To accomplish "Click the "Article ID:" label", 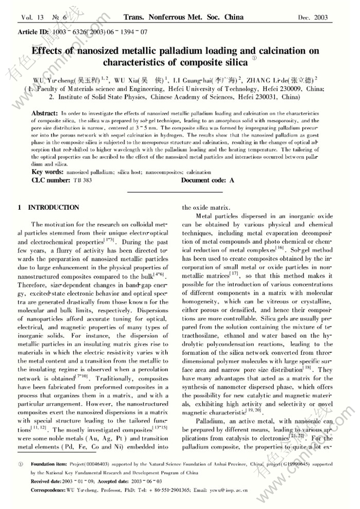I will click(x=33, y=32).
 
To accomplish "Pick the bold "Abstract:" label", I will click(x=45, y=114).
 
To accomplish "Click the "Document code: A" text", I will click(x=208, y=181).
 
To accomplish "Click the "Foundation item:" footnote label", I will click(x=48, y=462).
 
